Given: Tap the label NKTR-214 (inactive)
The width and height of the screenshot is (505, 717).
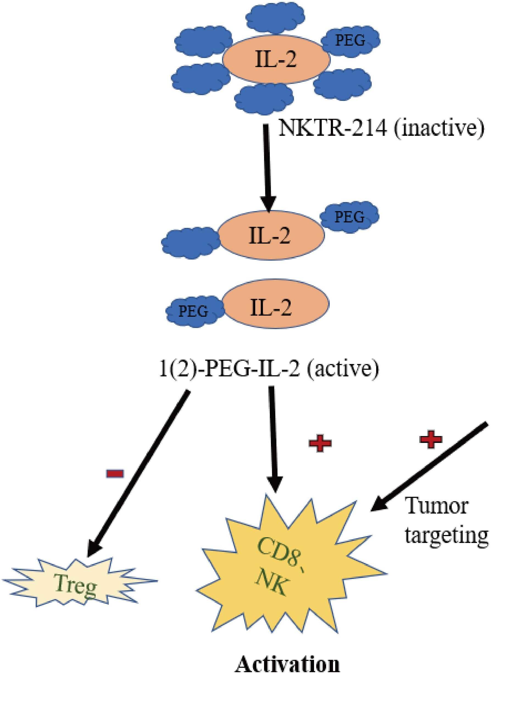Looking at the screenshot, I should pyautogui.click(x=381, y=128).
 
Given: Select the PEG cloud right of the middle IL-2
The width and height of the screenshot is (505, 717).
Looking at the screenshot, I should pyautogui.click(x=349, y=217).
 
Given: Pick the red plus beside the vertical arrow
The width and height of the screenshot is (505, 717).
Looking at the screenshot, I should pyautogui.click(x=320, y=444).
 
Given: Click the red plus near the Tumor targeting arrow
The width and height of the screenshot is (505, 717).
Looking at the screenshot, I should pyautogui.click(x=431, y=439).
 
